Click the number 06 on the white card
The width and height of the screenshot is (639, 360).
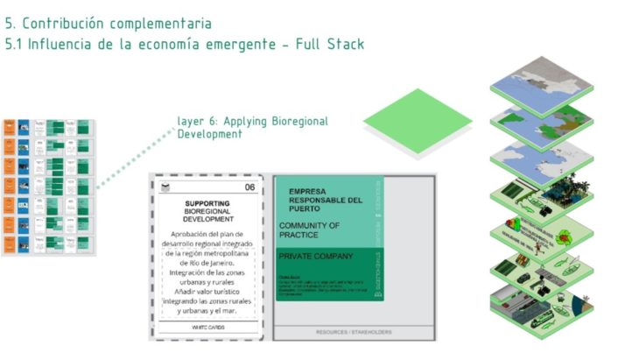tap(250, 187)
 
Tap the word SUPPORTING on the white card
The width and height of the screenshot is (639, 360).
tap(207, 203)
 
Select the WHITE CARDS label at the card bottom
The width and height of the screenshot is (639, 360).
tap(207, 327)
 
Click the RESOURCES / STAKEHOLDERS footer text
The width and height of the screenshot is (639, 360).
tap(354, 332)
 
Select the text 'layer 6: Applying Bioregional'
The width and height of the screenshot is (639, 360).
tap(252, 121)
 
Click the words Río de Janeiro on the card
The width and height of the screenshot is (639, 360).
tap(207, 262)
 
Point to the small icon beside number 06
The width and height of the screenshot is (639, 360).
tap(162, 187)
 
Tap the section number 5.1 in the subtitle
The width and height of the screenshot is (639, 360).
tap(16, 44)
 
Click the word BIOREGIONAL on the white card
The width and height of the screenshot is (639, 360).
tap(207, 212)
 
